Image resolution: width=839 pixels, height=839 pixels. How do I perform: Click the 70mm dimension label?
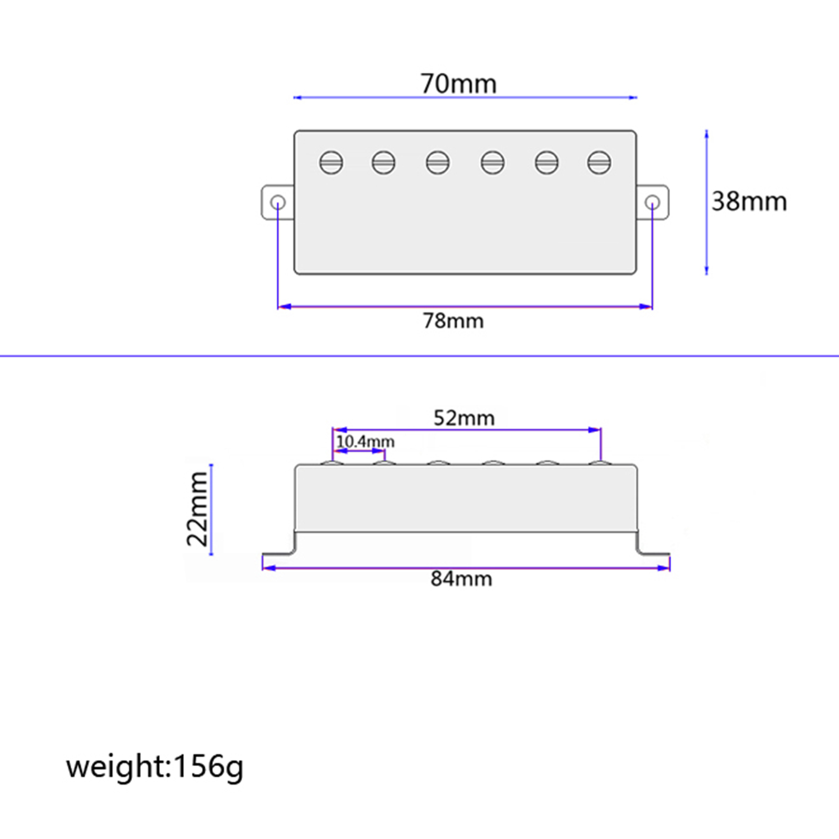click(458, 84)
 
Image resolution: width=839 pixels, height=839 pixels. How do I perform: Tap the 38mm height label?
click(749, 201)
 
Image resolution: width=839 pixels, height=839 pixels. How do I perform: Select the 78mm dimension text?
click(453, 321)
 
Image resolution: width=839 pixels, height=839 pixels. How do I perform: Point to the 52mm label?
click(464, 418)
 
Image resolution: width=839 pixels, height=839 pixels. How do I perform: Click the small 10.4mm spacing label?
click(365, 442)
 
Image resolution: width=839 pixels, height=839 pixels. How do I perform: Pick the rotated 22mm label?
click(198, 509)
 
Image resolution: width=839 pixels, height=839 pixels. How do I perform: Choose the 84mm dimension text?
click(461, 579)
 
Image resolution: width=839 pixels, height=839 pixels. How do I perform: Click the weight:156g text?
click(155, 767)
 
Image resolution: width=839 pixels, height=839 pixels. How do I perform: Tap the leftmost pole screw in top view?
click(331, 163)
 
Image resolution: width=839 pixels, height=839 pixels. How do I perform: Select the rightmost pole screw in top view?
click(599, 163)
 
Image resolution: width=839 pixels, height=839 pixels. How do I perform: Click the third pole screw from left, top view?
click(438, 163)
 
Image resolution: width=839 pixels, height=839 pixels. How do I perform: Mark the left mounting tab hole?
click(278, 202)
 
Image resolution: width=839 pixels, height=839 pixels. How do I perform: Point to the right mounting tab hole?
click(652, 202)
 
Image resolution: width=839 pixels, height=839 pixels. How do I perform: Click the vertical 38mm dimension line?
click(706, 202)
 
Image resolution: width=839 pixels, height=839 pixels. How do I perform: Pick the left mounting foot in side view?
click(280, 551)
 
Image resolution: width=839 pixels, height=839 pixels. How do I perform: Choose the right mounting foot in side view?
click(652, 551)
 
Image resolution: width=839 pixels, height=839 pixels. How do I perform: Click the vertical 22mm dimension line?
click(211, 509)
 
